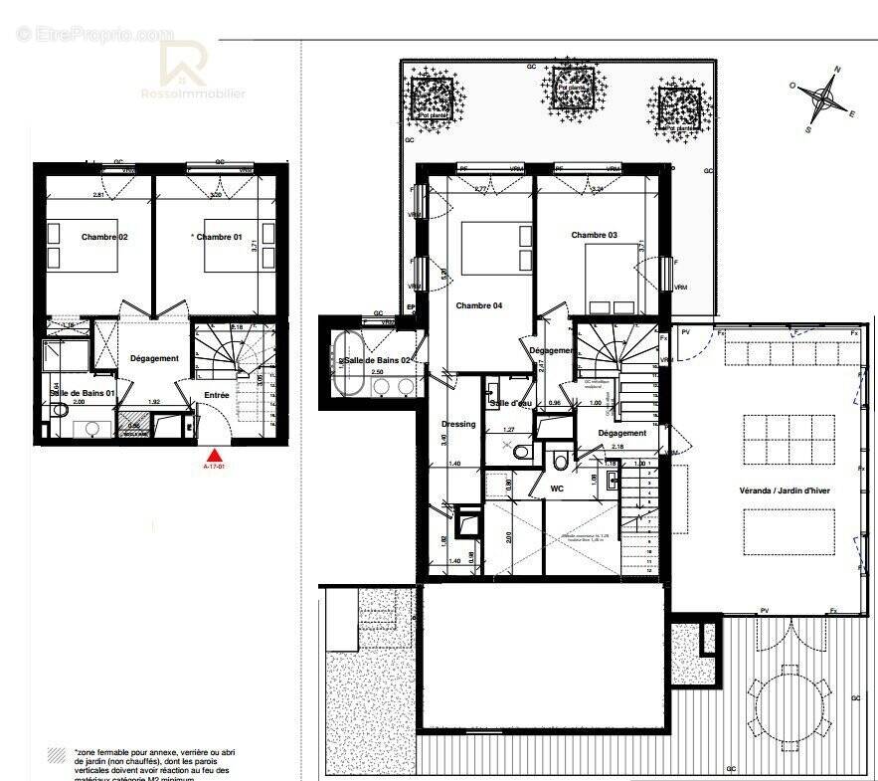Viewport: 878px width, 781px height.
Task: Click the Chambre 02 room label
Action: (x=104, y=237)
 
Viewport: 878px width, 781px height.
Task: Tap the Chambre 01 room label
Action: (x=219, y=237)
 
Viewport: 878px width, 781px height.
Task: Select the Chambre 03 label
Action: (x=594, y=235)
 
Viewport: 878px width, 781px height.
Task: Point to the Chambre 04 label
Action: (x=478, y=305)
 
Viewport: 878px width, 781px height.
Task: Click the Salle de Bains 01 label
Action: (x=83, y=394)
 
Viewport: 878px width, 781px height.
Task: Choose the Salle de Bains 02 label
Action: (x=379, y=358)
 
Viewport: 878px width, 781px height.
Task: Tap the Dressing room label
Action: (x=458, y=424)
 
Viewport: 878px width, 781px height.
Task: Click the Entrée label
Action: (x=217, y=395)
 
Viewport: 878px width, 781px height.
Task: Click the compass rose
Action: (x=823, y=98)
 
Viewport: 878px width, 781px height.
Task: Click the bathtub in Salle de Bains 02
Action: (x=353, y=360)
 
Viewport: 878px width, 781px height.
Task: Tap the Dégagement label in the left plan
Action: (x=154, y=358)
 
